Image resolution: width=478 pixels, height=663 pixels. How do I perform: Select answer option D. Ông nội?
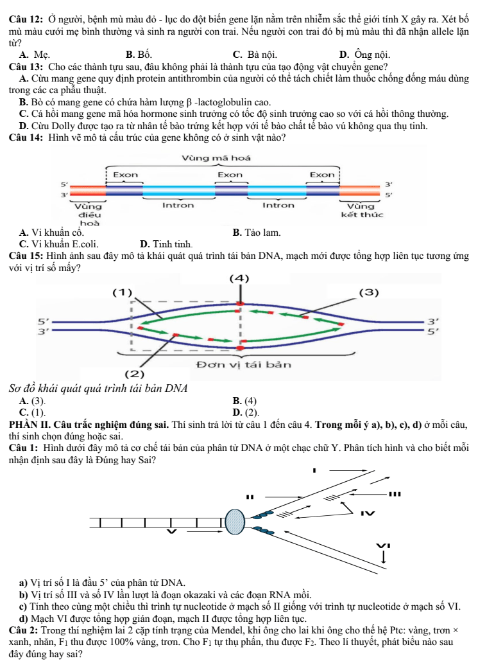(364, 55)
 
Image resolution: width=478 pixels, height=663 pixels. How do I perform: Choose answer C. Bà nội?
(255, 55)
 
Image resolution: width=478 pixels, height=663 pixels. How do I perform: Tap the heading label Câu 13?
(26, 67)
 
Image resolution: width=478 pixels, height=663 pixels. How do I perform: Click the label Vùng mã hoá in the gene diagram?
(216, 158)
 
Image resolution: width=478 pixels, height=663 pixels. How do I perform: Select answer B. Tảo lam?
(257, 233)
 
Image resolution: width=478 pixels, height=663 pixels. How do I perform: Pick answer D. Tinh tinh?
(166, 244)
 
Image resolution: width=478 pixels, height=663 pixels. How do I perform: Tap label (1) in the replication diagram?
(123, 292)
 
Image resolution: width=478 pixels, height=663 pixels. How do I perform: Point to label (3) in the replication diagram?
(369, 292)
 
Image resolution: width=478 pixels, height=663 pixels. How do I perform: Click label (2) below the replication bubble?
(135, 374)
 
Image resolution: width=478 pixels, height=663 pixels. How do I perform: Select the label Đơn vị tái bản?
(244, 364)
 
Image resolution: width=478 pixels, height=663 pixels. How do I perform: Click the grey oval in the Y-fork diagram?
(235, 522)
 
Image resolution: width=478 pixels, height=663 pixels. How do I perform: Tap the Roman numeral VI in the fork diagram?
(384, 545)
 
